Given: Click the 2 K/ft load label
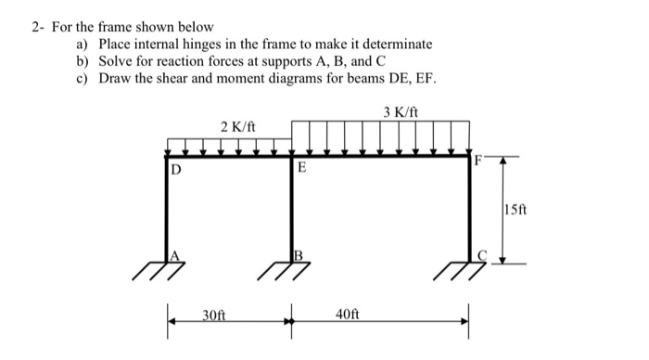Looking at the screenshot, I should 237,126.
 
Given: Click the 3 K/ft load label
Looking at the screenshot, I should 401,112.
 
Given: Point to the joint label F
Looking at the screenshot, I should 478,159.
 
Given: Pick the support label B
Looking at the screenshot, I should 299,255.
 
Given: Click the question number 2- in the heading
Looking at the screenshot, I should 35,27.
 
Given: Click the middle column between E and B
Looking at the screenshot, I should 291,209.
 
